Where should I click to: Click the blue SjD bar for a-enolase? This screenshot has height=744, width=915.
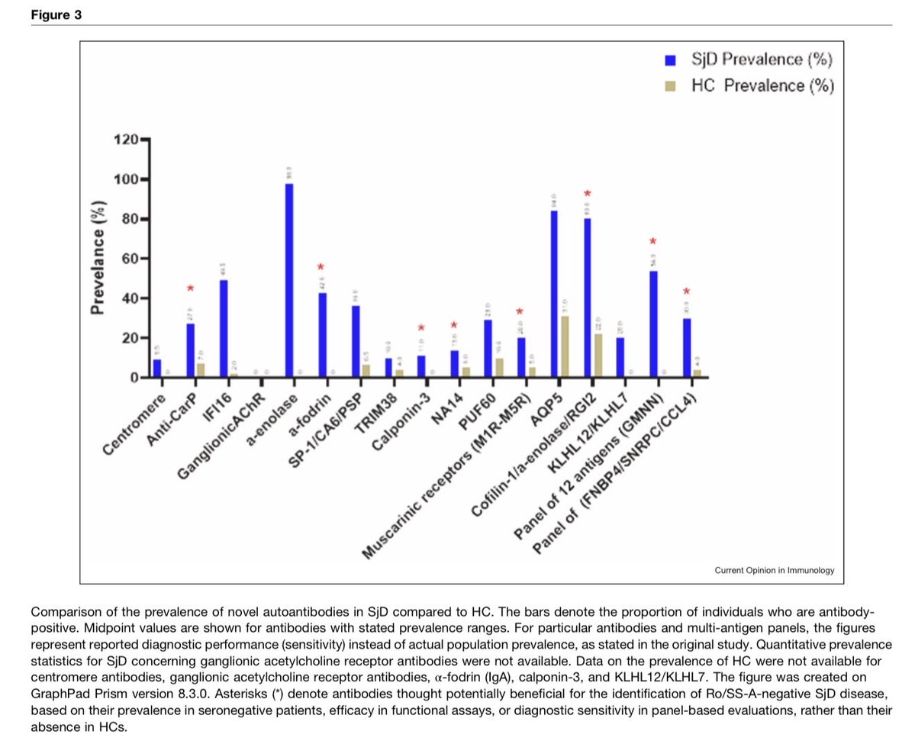click(289, 281)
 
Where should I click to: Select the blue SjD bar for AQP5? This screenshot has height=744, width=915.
click(554, 294)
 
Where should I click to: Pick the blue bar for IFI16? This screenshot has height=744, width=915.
click(223, 329)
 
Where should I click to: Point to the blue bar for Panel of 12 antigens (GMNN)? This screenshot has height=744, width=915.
click(653, 324)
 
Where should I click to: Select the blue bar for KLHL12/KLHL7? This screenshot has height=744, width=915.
click(620, 357)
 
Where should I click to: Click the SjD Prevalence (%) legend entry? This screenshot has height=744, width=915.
click(752, 60)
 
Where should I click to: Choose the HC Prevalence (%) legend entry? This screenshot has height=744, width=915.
click(752, 85)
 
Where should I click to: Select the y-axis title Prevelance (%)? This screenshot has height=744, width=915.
click(98, 259)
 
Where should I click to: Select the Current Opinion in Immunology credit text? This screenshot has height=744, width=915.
click(774, 570)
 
